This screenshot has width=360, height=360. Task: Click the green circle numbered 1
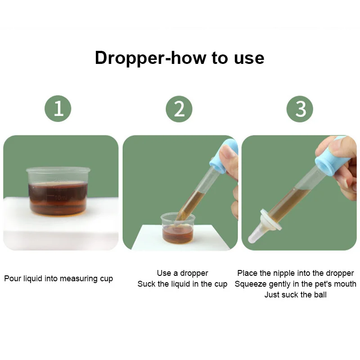[x=58, y=108]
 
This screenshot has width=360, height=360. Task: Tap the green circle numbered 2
[x=179, y=109]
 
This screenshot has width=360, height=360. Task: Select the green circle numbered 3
[x=300, y=109]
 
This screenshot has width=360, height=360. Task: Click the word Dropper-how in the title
[x=151, y=58]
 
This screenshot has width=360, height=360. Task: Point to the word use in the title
[x=249, y=59]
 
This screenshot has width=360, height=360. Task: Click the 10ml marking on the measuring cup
[x=61, y=198]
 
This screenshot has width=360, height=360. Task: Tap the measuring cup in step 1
[x=58, y=191]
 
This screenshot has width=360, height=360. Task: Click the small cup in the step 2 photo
[x=178, y=228]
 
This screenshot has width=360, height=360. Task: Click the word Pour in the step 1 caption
[x=13, y=279]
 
